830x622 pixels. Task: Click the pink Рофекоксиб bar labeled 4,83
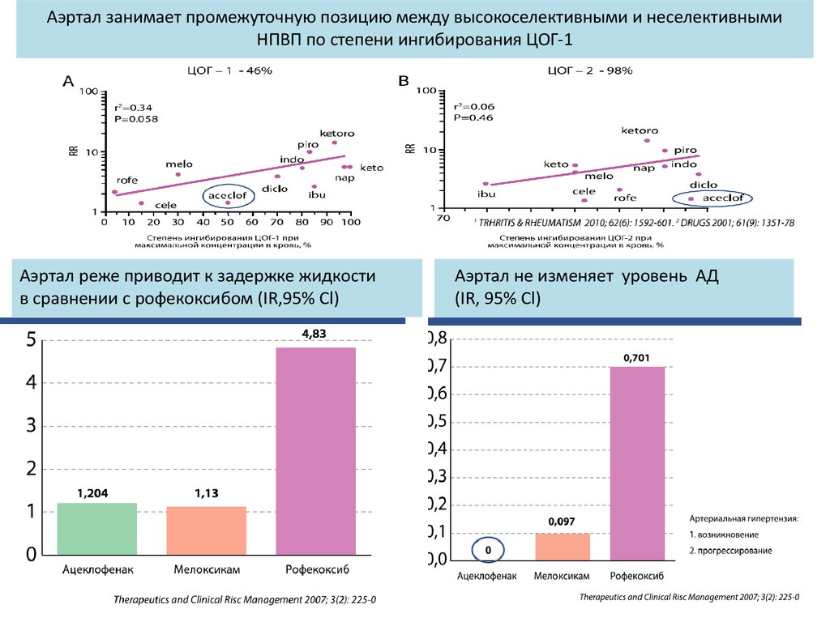pyautogui.click(x=316, y=452)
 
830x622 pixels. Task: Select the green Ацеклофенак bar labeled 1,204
pyautogui.click(x=96, y=530)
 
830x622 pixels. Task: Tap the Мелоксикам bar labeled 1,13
pyautogui.click(x=206, y=531)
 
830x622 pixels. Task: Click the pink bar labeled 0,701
pyautogui.click(x=637, y=462)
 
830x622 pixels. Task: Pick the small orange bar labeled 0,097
pyautogui.click(x=563, y=546)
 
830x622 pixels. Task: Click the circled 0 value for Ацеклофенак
pyautogui.click(x=489, y=550)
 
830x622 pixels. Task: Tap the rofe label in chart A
pyautogui.click(x=127, y=180)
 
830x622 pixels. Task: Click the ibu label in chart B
pyautogui.click(x=486, y=194)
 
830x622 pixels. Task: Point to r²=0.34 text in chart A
pyautogui.click(x=133, y=108)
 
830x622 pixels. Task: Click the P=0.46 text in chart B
pyautogui.click(x=473, y=117)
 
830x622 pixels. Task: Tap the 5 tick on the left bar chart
pyautogui.click(x=30, y=340)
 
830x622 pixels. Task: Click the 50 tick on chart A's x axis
pyautogui.click(x=228, y=221)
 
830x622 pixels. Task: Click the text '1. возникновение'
pyautogui.click(x=724, y=535)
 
